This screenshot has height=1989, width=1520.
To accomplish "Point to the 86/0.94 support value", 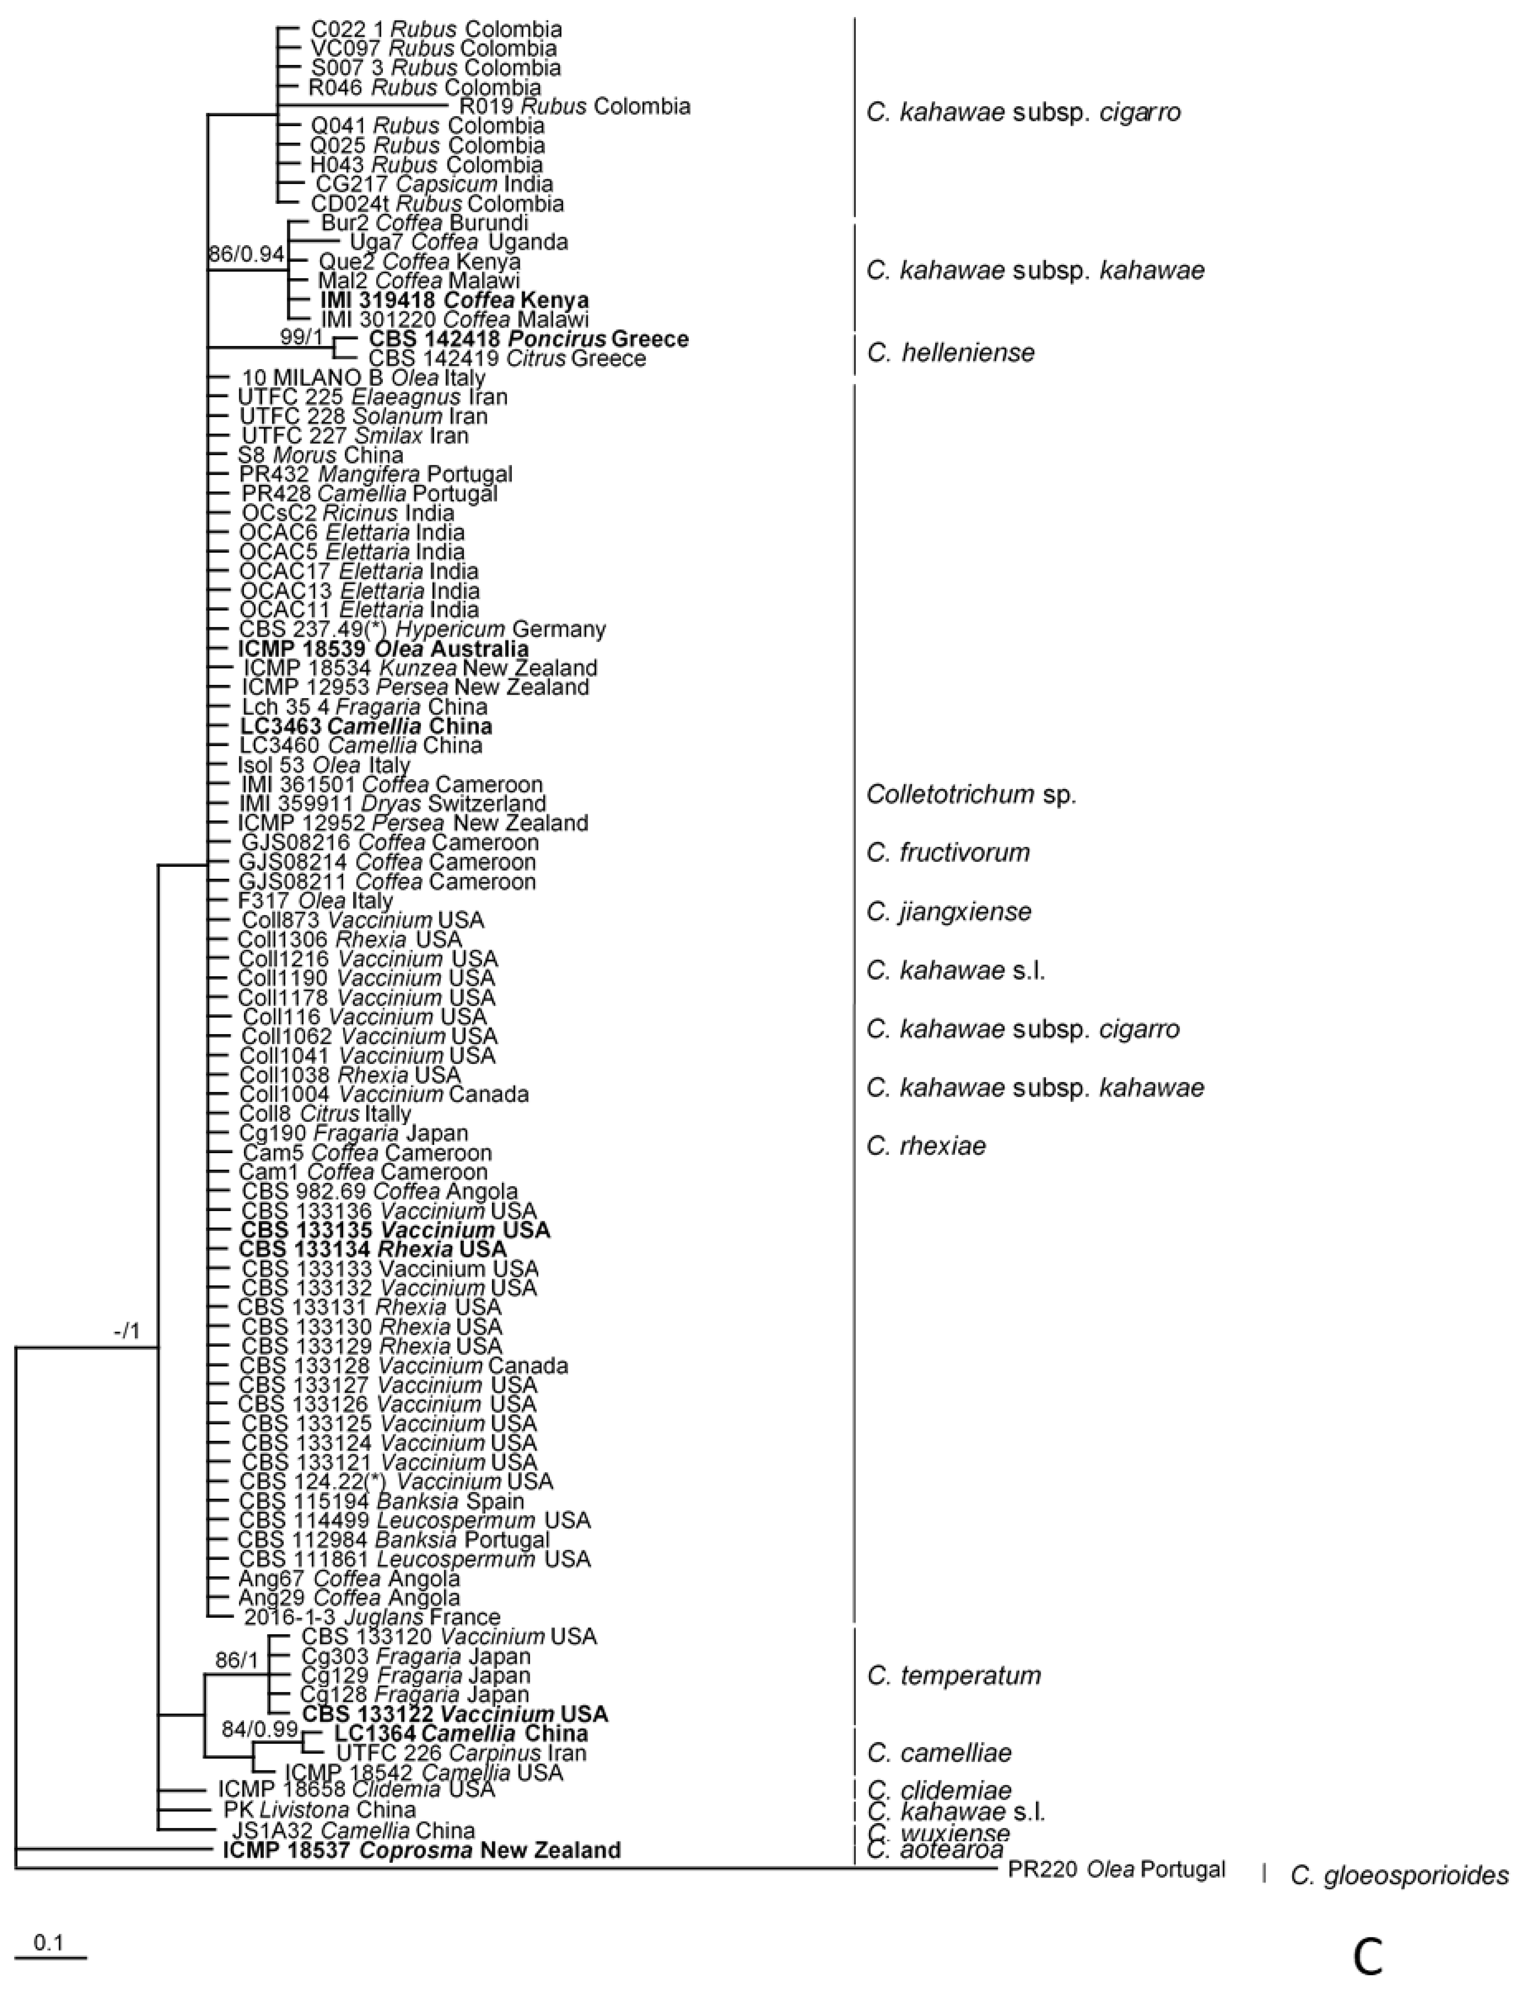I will (x=246, y=254).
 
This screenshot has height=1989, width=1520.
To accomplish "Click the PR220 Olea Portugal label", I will (x=1116, y=1869).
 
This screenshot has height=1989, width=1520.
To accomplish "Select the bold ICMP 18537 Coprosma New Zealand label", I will (x=422, y=1850).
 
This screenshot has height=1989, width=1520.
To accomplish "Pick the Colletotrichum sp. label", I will (x=971, y=794).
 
